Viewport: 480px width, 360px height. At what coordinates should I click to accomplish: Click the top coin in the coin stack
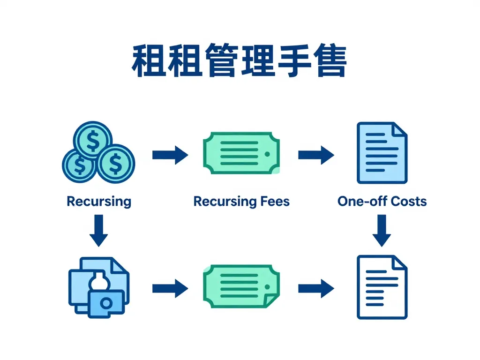pos(93,139)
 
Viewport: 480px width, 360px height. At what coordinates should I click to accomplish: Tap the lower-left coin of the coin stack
pos(80,164)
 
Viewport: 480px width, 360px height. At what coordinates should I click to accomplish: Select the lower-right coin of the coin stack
pos(115,164)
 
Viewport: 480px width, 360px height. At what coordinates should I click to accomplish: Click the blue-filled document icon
pos(382,153)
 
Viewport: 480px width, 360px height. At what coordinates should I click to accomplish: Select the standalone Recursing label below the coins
pos(99,202)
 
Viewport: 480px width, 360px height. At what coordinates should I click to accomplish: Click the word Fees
pos(274,202)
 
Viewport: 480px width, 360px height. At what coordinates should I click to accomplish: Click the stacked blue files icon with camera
pos(98,286)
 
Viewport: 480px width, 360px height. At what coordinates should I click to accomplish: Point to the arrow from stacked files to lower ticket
pos(170,287)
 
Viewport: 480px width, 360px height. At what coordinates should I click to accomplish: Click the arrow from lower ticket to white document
pos(316,287)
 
